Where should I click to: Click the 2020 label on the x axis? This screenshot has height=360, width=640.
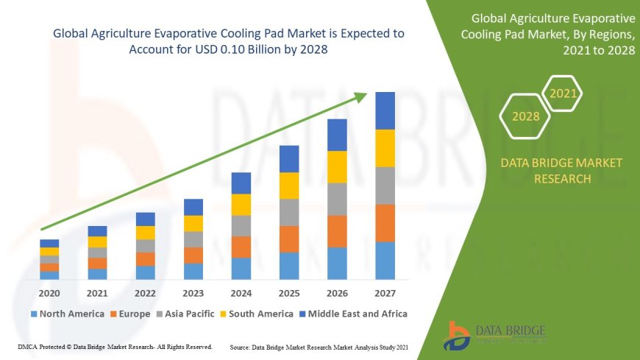click(x=49, y=293)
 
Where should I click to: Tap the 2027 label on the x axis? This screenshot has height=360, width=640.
click(x=385, y=293)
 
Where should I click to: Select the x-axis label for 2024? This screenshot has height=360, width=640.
click(x=241, y=293)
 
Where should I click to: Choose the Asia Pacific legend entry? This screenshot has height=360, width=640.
click(x=185, y=314)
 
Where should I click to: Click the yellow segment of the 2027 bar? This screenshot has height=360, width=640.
click(x=385, y=148)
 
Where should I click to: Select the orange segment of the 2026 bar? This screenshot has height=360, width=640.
click(x=337, y=231)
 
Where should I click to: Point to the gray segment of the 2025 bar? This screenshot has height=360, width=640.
click(x=289, y=212)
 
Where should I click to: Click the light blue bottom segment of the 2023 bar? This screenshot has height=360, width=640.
click(x=193, y=272)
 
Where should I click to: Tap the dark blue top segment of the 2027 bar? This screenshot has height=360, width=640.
click(x=385, y=110)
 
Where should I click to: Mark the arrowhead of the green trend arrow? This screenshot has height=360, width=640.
click(x=361, y=96)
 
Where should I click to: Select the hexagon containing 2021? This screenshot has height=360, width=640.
click(x=563, y=93)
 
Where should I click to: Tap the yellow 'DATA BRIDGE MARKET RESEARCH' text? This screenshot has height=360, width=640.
click(x=561, y=170)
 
